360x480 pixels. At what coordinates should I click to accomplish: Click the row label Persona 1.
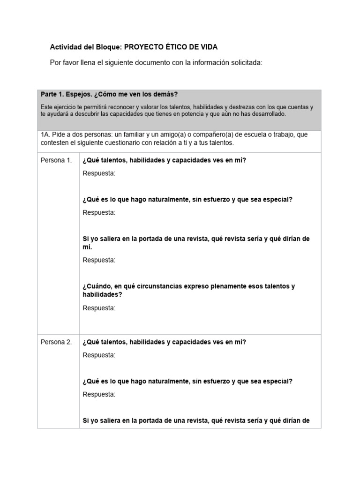(56, 160)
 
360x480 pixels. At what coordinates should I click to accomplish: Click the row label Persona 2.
(56, 342)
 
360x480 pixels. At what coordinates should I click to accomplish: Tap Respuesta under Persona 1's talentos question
(98, 173)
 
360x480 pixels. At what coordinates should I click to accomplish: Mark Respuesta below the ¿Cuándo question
(98, 308)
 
